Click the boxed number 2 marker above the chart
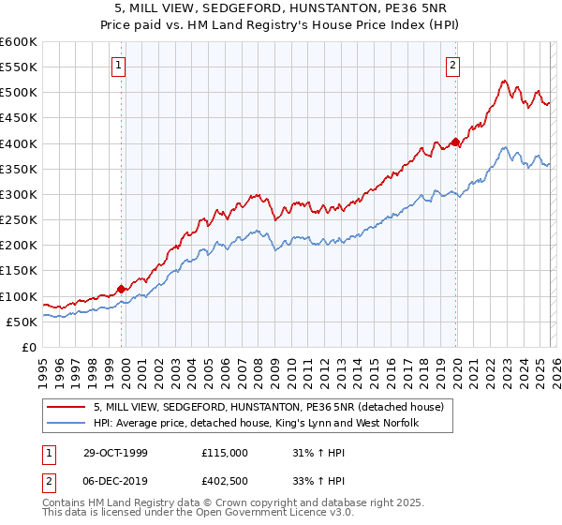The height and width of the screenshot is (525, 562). point(452,66)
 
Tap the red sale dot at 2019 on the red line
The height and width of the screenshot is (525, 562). point(455,142)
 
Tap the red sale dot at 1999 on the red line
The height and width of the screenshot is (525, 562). point(122,289)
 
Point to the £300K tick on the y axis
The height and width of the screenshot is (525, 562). point(19,195)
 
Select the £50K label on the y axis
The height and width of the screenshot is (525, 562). point(22,322)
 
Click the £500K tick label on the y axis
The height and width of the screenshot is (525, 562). point(19,93)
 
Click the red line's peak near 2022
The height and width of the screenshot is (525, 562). point(504,81)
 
